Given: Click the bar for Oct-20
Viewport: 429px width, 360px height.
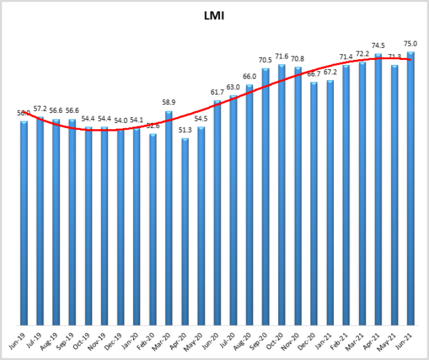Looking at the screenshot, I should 282,194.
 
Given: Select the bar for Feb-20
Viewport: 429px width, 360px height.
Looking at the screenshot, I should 153,228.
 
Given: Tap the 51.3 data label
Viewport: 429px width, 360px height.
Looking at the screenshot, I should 185,130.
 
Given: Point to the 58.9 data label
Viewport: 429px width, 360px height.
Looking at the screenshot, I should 169,104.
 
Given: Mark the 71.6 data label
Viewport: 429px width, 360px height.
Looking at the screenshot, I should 282,56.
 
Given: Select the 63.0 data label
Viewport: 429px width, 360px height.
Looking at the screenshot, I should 234,88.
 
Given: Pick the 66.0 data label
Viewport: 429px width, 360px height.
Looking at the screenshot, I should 250,77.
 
